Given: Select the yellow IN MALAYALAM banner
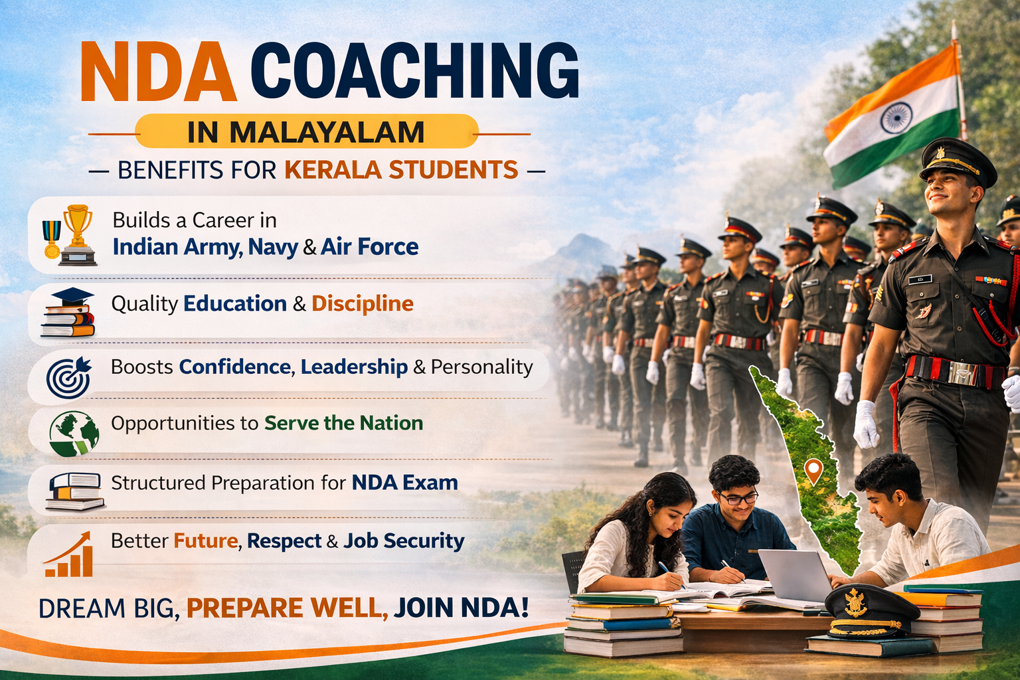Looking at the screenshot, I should point(306,131).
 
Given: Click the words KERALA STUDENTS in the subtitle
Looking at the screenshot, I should point(401,170).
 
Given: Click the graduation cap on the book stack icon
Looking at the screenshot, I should point(72,297).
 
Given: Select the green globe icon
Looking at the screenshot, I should point(74,432).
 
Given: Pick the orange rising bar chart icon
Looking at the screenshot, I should point(69,554).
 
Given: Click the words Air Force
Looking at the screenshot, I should point(369,247).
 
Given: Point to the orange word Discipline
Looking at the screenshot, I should point(363,303).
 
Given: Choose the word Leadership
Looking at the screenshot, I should point(354,367).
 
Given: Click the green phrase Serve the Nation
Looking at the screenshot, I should point(343,423).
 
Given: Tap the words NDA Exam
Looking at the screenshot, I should point(404,482).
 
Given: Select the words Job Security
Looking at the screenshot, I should point(404,541).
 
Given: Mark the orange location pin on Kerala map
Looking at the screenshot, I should point(813,471).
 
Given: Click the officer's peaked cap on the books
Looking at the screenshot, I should point(863,610).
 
